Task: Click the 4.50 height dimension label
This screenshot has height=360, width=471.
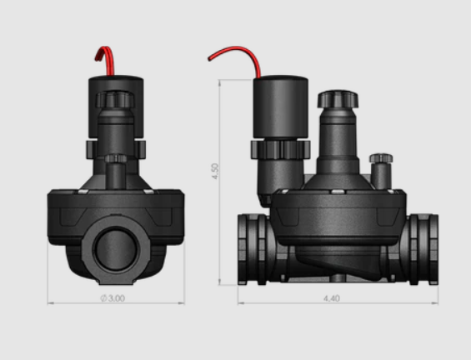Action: coord(215,171)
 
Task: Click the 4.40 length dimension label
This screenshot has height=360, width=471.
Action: coord(332,298)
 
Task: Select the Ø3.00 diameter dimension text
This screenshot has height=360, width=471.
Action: coord(113,298)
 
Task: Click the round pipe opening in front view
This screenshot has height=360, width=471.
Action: coord(116,249)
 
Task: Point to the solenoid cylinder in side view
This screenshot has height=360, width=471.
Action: coord(281,107)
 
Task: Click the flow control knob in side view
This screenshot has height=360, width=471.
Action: coord(338,99)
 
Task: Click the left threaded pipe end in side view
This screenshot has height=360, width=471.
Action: coord(252,249)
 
